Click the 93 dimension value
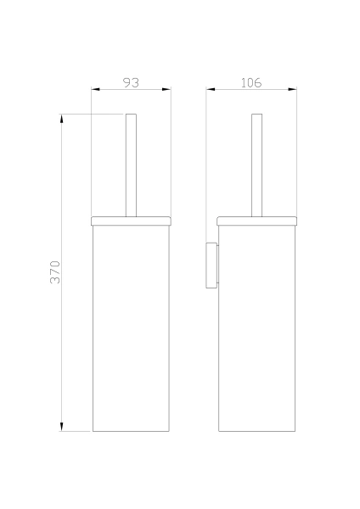(132, 83)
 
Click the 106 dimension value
(250, 83)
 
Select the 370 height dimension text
(55, 272)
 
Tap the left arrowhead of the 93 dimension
(95, 89)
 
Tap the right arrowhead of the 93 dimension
(166, 89)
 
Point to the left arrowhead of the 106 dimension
(211, 89)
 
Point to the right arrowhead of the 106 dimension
(292, 89)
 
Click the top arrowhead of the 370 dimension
(62, 119)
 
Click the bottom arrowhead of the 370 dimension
(62, 427)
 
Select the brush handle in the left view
(131, 165)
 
